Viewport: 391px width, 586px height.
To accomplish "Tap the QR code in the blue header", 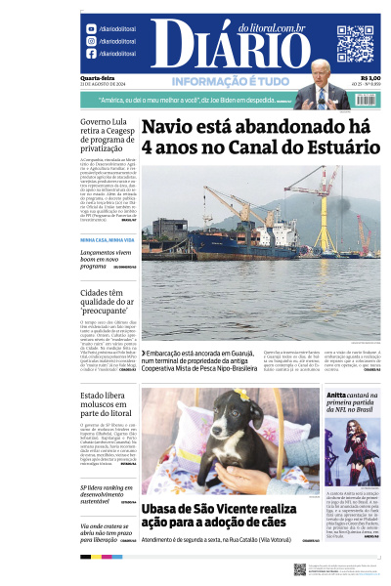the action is (355, 43).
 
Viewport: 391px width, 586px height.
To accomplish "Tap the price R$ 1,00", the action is (369, 79).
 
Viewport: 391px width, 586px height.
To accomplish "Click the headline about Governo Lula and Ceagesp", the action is (106, 141).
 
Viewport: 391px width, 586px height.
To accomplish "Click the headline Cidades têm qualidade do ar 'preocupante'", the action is (106, 303).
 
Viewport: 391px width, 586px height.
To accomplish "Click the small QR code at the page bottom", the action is (299, 569).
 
